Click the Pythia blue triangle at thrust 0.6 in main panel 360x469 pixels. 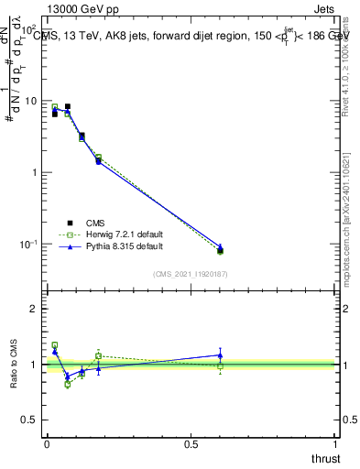coord(220,246)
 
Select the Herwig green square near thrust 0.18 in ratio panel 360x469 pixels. coord(98,355)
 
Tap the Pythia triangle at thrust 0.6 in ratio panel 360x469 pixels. coord(220,354)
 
